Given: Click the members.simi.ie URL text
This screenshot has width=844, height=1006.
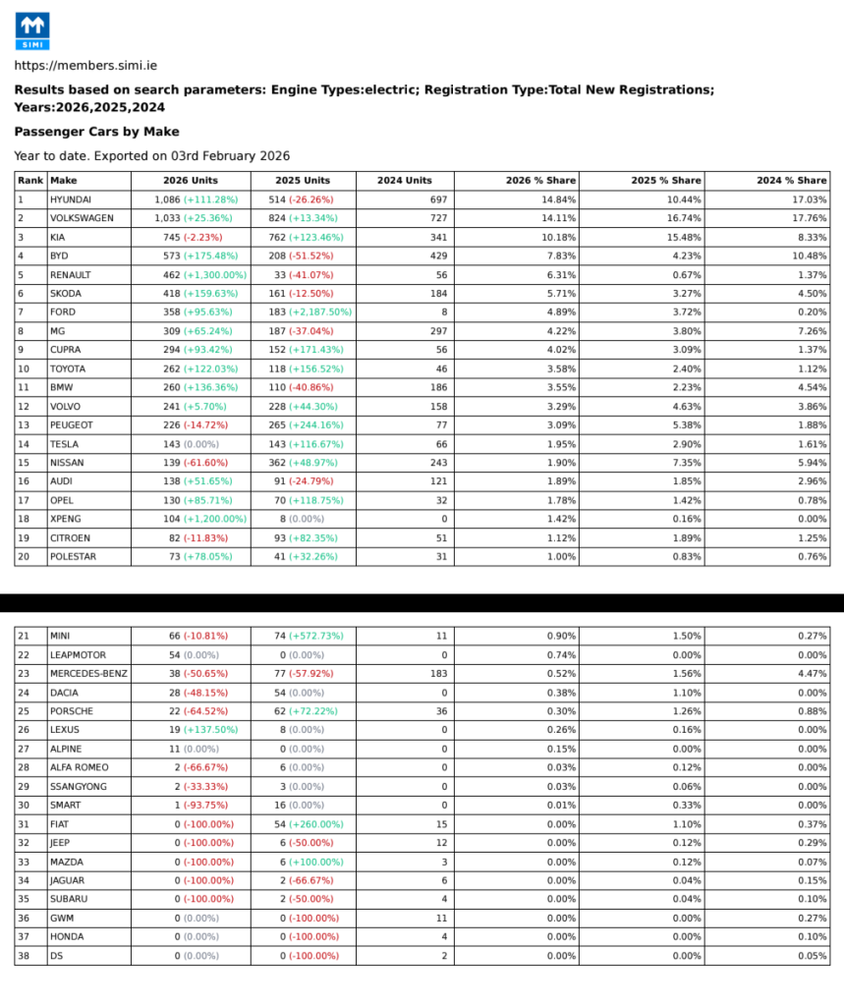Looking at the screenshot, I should [85, 66].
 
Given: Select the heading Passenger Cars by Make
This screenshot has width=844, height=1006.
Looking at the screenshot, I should [96, 131].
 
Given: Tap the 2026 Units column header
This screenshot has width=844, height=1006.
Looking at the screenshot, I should [191, 181].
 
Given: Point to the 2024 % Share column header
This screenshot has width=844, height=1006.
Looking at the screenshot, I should [791, 181].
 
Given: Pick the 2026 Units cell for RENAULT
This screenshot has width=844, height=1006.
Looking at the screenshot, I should [193, 274].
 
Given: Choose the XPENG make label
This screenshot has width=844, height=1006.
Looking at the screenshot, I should [66, 519].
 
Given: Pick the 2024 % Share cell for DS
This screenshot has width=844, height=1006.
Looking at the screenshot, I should [811, 955].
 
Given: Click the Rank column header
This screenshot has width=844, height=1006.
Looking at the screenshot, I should [30, 181].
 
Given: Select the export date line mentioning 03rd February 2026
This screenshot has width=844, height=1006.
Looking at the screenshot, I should [151, 155].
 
